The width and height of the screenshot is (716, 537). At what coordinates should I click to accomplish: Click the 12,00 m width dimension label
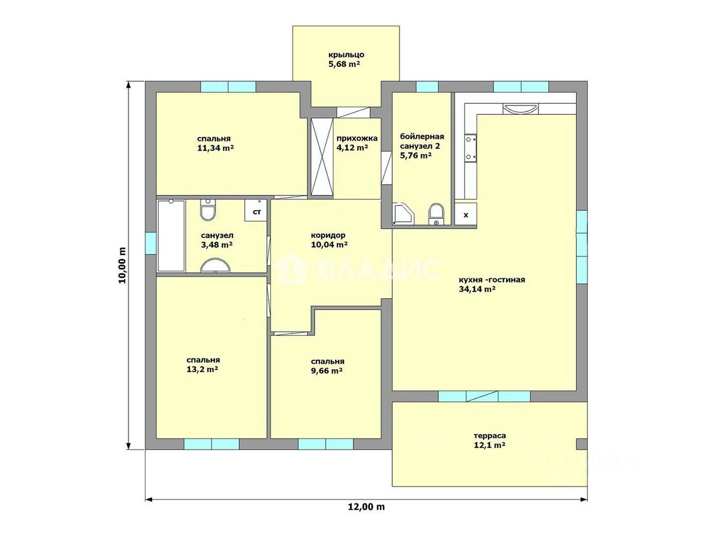366,516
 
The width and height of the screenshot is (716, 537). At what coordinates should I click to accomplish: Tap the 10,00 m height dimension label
122,265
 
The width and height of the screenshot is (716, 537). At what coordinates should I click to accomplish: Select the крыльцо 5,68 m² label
345,59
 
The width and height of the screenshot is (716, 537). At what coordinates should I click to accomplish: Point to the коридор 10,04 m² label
329,240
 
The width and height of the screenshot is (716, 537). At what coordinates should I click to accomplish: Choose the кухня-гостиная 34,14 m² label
492,284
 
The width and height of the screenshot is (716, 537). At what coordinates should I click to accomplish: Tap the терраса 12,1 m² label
490,440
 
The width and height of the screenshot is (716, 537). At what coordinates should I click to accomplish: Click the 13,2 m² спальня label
203,364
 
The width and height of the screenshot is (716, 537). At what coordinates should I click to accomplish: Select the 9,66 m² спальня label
327,366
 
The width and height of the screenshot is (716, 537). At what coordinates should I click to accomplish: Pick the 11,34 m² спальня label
215,143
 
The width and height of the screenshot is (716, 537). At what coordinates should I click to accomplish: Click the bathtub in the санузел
171,236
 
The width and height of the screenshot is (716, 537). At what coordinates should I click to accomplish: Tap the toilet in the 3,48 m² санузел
208,209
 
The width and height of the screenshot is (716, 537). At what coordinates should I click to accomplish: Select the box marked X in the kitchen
466,214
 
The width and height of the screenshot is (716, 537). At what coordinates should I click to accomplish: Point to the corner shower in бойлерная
403,214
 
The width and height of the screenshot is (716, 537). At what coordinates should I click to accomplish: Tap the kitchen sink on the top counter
521,109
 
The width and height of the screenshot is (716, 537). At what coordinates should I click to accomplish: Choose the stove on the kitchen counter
471,148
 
